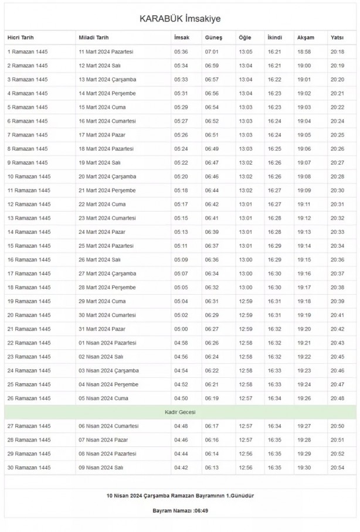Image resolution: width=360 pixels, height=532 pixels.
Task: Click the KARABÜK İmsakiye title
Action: click(180, 19)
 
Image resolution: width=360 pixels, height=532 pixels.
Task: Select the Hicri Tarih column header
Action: click(21, 37)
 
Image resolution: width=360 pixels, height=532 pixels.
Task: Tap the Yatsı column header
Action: click(337, 37)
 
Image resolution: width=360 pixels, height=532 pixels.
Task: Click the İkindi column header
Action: click(274, 37)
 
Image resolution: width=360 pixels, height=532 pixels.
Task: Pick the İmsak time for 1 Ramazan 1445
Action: click(181, 52)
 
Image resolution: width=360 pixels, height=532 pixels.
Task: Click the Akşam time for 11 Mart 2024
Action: click(304, 52)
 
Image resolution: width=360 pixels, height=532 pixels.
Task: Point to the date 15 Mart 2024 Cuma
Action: click(103, 107)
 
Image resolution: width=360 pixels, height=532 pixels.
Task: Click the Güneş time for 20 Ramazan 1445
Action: click(212, 315)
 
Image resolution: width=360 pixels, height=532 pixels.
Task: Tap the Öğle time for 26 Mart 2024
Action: click(245, 260)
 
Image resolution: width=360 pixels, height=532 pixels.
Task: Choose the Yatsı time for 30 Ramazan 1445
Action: click(337, 468)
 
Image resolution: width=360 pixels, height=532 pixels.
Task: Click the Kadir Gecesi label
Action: click(180, 412)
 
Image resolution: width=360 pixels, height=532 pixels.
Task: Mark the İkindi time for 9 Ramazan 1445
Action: click(274, 163)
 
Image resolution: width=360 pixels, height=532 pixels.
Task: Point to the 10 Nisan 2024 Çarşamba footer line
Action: click(180, 496)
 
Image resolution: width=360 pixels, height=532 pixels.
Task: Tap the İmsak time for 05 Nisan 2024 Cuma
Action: click(181, 398)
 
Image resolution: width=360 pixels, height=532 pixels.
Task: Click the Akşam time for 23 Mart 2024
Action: click(304, 218)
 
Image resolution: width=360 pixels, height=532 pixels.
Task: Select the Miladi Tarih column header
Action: click(94, 37)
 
